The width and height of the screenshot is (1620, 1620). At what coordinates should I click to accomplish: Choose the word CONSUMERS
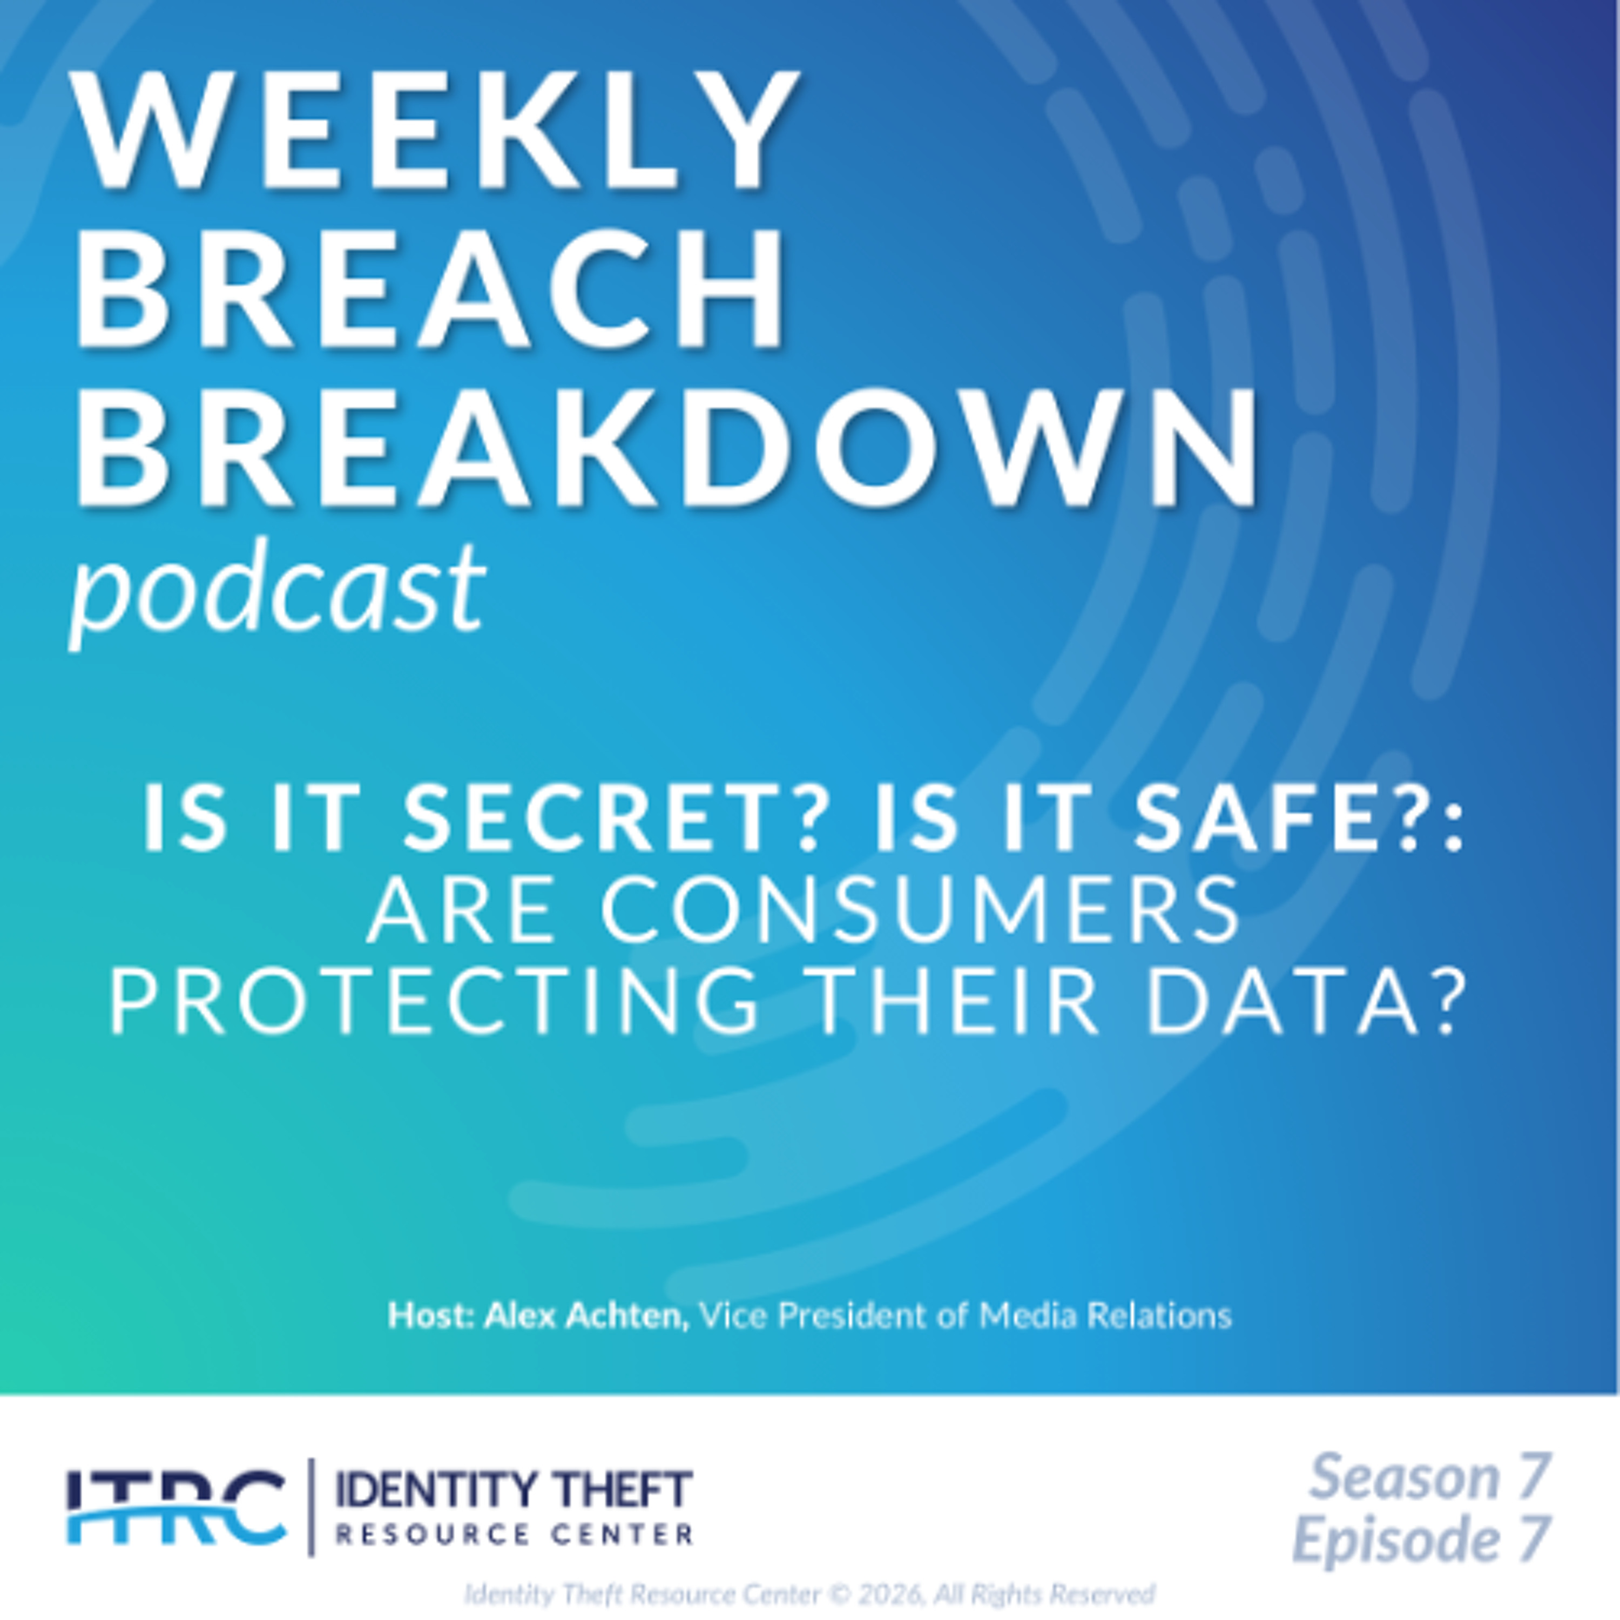pyautogui.click(x=920, y=910)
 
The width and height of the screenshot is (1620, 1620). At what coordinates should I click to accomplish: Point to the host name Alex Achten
pyautogui.click(x=586, y=1315)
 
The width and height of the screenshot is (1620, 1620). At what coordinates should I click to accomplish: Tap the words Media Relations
pyautogui.click(x=1105, y=1315)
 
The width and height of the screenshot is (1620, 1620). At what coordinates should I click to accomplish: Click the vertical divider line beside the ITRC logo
pyautogui.click(x=311, y=1507)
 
